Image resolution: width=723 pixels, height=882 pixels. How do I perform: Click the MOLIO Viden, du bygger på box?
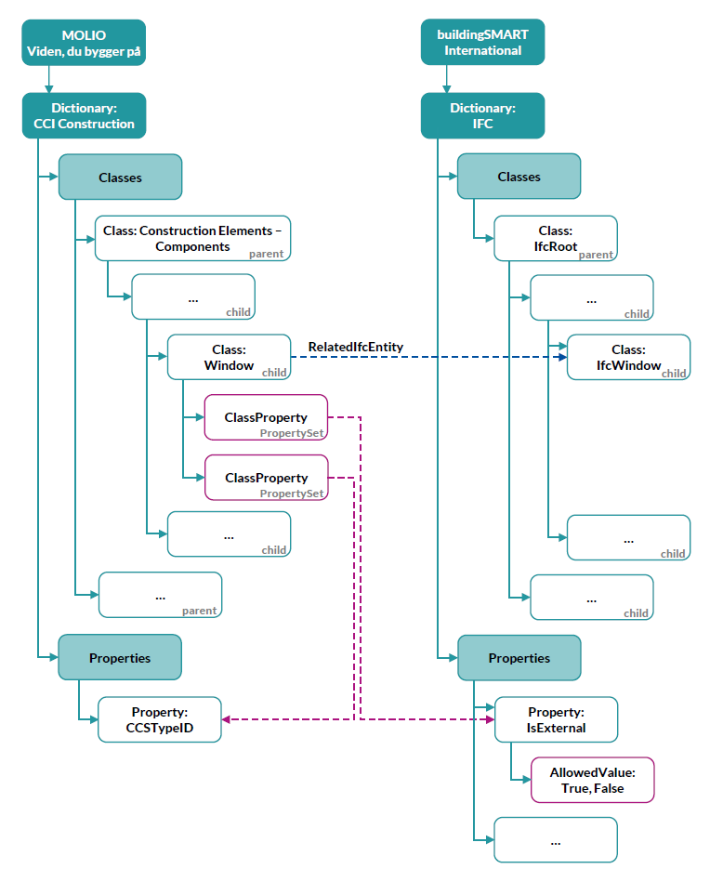pos(84,43)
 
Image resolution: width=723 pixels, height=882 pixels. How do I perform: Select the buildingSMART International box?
pos(482,42)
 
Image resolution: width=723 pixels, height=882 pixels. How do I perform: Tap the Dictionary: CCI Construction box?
pos(84,116)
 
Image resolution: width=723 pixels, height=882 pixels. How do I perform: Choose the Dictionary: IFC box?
pos(482,116)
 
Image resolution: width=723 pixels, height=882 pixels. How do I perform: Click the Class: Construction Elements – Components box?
pos(192,239)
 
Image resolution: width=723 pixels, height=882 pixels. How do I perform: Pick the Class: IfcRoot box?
pos(556,239)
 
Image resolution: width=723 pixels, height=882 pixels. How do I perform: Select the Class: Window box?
pos(229,357)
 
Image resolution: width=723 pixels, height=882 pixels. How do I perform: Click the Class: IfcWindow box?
pos(628,357)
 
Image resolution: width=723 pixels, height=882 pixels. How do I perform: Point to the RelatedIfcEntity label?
pos(356,347)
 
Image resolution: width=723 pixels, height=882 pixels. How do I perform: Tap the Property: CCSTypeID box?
pos(160,720)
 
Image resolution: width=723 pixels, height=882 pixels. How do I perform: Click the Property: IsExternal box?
pos(556,720)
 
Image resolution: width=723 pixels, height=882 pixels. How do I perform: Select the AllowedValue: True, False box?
pos(593,780)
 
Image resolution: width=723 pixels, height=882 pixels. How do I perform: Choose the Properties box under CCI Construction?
pos(120,658)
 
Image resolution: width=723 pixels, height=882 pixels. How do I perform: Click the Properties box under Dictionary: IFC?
pos(519,658)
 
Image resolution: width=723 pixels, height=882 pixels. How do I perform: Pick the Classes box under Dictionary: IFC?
pos(519,177)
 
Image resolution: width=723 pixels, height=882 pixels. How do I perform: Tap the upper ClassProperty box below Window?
pos(266,417)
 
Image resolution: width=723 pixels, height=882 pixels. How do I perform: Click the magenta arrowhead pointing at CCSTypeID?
pos(226,719)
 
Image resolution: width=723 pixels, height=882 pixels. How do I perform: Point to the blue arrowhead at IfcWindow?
pos(562,357)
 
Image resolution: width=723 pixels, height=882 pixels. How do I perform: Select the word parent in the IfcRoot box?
pos(596,255)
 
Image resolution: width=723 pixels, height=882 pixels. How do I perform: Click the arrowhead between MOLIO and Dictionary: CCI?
pos(49,89)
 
